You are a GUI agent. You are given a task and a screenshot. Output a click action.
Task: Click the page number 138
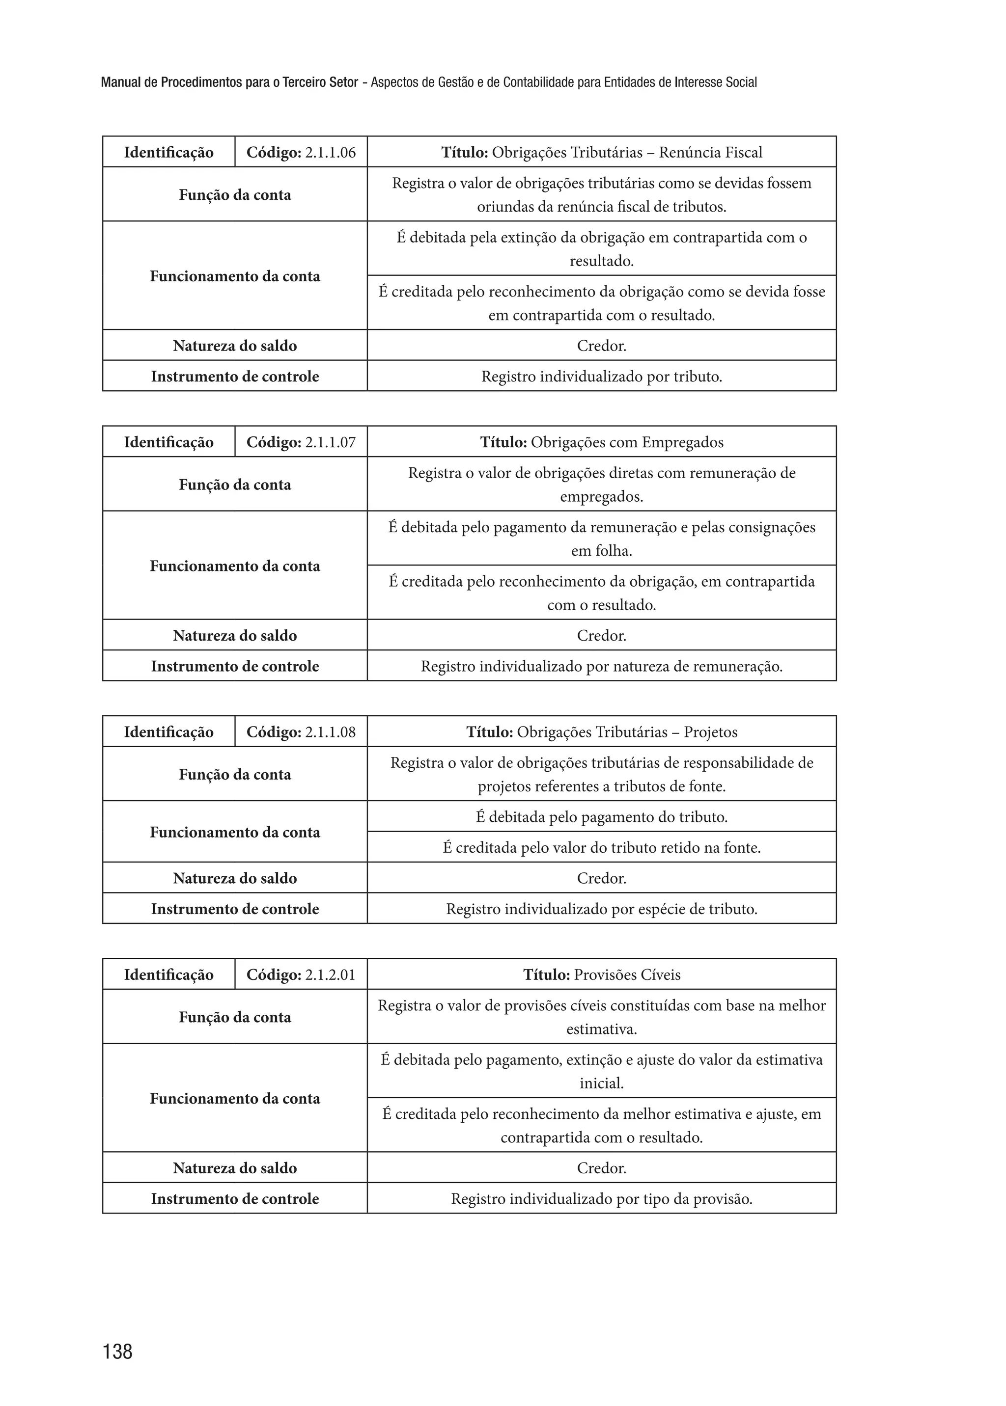coord(118,1352)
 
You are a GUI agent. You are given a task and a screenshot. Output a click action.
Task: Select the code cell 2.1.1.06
coord(301,152)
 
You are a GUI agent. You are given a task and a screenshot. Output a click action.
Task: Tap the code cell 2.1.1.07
coord(301,442)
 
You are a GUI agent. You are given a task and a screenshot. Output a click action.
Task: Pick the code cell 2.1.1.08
coord(301,732)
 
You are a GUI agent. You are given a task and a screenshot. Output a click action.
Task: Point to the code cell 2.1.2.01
coord(301,974)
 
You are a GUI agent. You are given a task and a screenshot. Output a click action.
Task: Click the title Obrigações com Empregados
coord(602,442)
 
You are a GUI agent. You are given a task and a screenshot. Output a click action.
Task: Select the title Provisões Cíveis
coord(602,974)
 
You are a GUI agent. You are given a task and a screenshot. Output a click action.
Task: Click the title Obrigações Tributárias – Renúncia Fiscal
coord(602,152)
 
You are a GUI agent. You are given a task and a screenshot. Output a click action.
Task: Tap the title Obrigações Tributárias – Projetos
coord(602,732)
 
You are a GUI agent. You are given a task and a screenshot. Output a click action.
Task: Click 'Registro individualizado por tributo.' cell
coord(602,377)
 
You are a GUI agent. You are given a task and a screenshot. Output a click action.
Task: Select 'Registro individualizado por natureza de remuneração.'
coord(602,666)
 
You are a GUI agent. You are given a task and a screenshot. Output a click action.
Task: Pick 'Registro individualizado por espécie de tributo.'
coord(602,909)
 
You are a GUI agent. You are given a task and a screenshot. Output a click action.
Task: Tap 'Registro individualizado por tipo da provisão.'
coord(602,1199)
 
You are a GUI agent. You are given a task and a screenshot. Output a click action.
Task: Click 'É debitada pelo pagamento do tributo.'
coord(602,816)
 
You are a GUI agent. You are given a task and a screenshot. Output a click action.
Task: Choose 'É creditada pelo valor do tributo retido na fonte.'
coord(602,847)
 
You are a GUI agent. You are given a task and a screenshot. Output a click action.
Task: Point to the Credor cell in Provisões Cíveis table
coord(602,1167)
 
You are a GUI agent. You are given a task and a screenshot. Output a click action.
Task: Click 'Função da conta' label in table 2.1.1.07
coord(235,485)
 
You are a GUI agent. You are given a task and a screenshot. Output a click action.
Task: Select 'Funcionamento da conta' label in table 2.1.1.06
coord(235,276)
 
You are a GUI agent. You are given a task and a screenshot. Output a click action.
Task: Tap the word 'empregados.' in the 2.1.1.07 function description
coord(602,496)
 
